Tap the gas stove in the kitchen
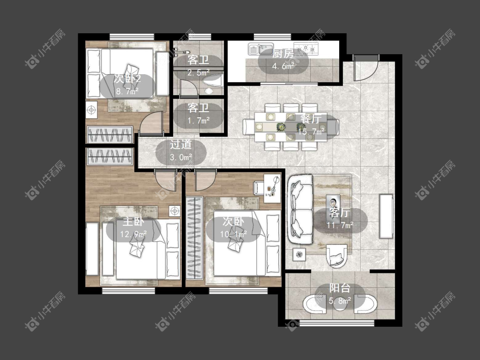click(306, 49)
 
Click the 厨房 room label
click(283, 54)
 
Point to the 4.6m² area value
click(283, 66)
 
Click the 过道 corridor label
click(180, 144)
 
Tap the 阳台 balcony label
click(340, 288)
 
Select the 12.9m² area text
click(133, 234)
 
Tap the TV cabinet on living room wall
click(386, 216)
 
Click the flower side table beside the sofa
click(300, 254)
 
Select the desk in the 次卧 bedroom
click(273, 189)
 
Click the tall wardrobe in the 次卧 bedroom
click(195, 238)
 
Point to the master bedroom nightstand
click(175, 211)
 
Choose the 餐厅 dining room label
click(311, 119)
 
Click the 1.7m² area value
click(199, 120)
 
